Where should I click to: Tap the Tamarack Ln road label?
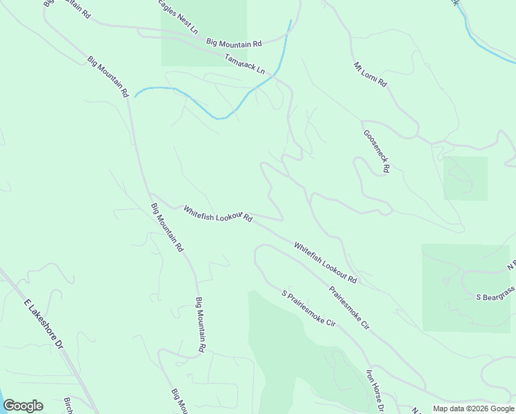(x=244, y=63)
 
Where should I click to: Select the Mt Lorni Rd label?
(x=370, y=75)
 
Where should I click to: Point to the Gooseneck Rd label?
(x=377, y=151)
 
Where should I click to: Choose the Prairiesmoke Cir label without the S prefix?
(x=349, y=307)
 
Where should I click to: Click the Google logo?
(x=23, y=406)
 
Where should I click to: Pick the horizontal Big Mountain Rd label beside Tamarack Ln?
(x=235, y=43)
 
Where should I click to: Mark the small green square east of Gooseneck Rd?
(x=465, y=178)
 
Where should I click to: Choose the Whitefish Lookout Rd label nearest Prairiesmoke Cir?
(x=325, y=262)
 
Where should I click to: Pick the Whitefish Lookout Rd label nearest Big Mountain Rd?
(x=218, y=214)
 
